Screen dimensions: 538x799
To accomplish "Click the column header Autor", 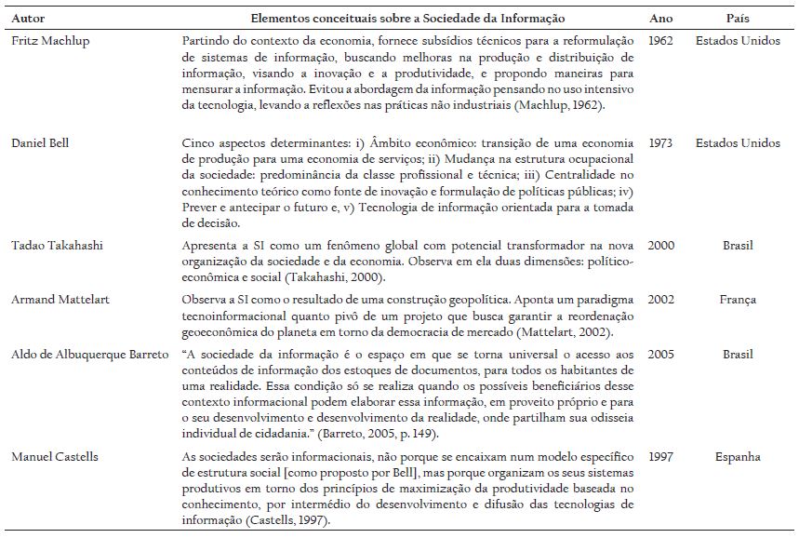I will [x=25, y=19].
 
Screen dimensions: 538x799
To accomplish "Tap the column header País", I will [x=738, y=19].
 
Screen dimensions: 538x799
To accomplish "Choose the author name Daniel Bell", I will [x=40, y=143].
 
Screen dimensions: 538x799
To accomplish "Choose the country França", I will [x=738, y=300].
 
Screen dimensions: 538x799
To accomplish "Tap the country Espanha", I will [x=738, y=457].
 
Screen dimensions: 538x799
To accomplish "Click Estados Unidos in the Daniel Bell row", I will [x=738, y=143].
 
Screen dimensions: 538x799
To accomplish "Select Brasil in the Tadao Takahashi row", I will [x=738, y=246].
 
